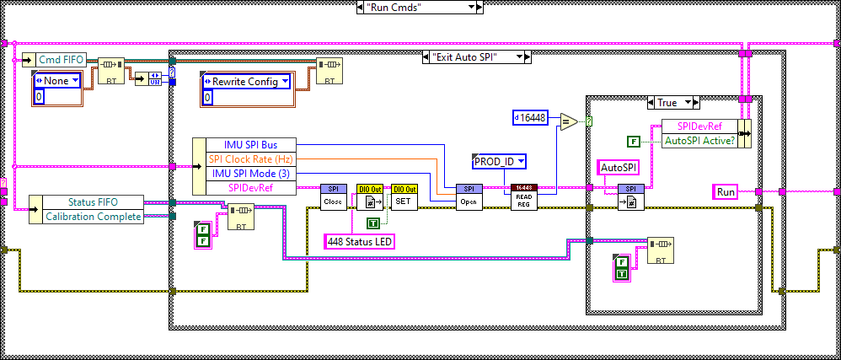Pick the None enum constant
pos(56,81)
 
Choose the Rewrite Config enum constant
pos(245,82)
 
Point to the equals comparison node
pos(568,121)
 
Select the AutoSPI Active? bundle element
pos(699,141)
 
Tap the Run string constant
pos(725,191)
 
